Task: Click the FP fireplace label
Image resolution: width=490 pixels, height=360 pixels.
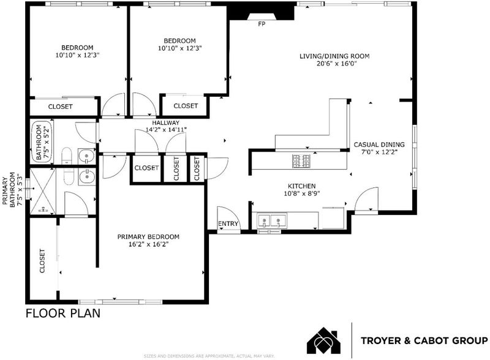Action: [262, 24]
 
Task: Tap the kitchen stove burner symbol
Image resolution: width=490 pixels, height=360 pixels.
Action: [301, 161]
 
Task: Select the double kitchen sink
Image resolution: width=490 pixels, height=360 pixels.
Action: [271, 221]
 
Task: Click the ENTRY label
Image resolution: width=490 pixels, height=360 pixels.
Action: [228, 223]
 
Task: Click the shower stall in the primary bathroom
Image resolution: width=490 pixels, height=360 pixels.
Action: [42, 191]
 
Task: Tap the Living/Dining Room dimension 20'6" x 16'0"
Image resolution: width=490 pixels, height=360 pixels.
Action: [336, 64]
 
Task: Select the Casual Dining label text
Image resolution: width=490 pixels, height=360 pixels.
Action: [379, 144]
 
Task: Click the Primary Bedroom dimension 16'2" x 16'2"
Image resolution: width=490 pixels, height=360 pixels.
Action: [148, 244]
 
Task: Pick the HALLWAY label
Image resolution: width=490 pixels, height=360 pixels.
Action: [166, 123]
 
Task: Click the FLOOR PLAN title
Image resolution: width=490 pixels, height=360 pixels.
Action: [63, 313]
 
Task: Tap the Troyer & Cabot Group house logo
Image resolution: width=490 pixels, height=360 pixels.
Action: [324, 340]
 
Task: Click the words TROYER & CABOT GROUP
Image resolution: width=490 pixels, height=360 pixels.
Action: [424, 340]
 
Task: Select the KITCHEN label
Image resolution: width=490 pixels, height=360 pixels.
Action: [301, 186]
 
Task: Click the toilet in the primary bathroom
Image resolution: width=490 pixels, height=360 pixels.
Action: [69, 176]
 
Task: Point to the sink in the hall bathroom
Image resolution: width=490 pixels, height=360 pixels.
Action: [86, 156]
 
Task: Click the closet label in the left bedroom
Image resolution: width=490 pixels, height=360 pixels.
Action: [60, 107]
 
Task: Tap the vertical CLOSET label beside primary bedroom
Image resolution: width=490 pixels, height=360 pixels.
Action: [42, 261]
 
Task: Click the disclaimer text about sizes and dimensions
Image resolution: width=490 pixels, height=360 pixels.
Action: [209, 356]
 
